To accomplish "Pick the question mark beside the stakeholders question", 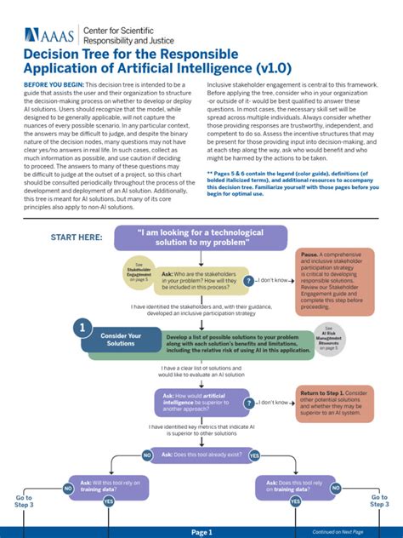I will pyautogui.click(x=248, y=280).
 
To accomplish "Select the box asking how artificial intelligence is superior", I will pyautogui.click(x=201, y=402).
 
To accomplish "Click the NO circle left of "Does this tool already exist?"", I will pyautogui.click(x=147, y=455).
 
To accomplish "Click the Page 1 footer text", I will pyautogui.click(x=201, y=531).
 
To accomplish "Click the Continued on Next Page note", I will pyautogui.click(x=338, y=531).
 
